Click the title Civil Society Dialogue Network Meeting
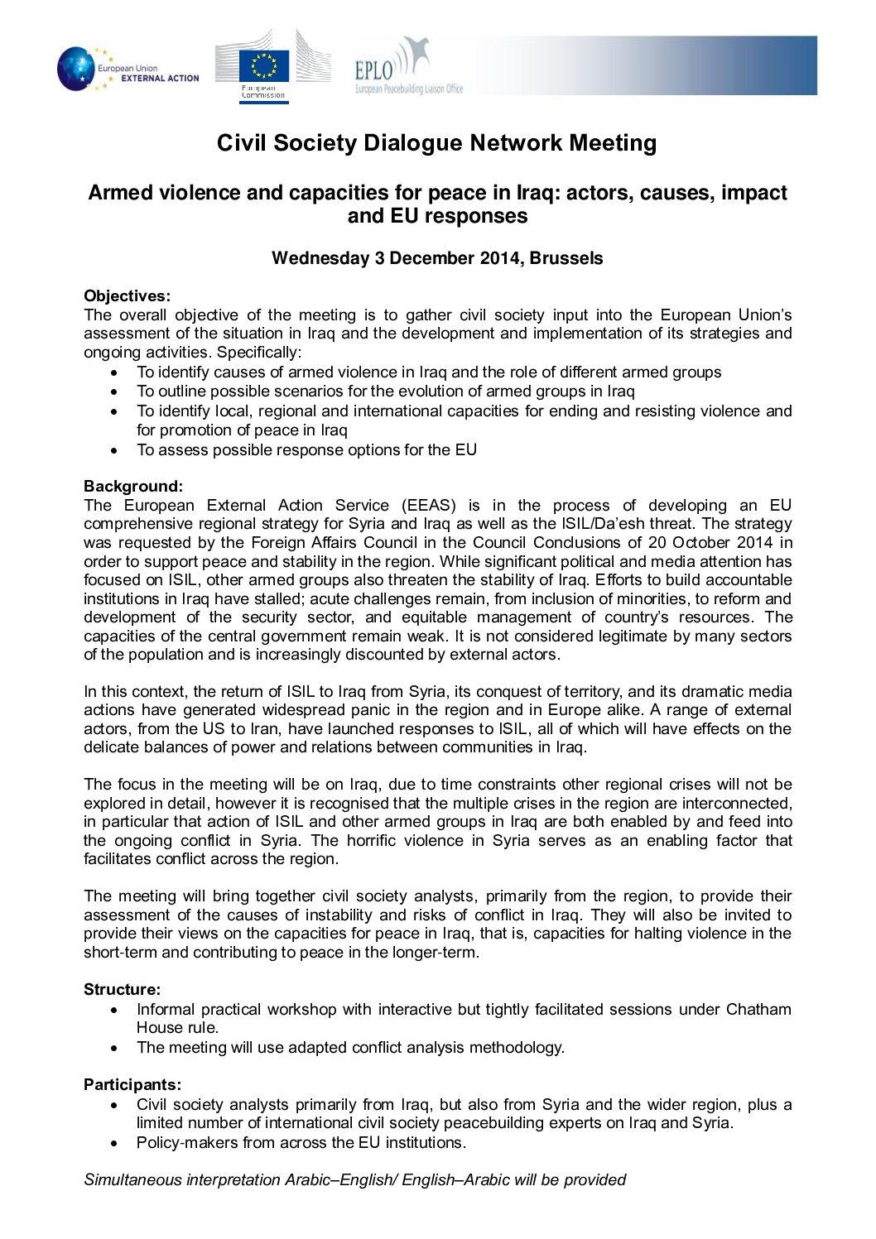pos(436,143)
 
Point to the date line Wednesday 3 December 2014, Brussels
pos(437,258)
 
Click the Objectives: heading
pos(127,296)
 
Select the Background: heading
pos(133,487)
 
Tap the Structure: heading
pos(122,990)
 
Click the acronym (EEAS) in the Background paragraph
pos(428,506)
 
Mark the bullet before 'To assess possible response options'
pos(115,451)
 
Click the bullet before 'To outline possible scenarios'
pos(115,392)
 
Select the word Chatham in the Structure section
pos(758,1010)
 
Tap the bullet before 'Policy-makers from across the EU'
pos(115,1144)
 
